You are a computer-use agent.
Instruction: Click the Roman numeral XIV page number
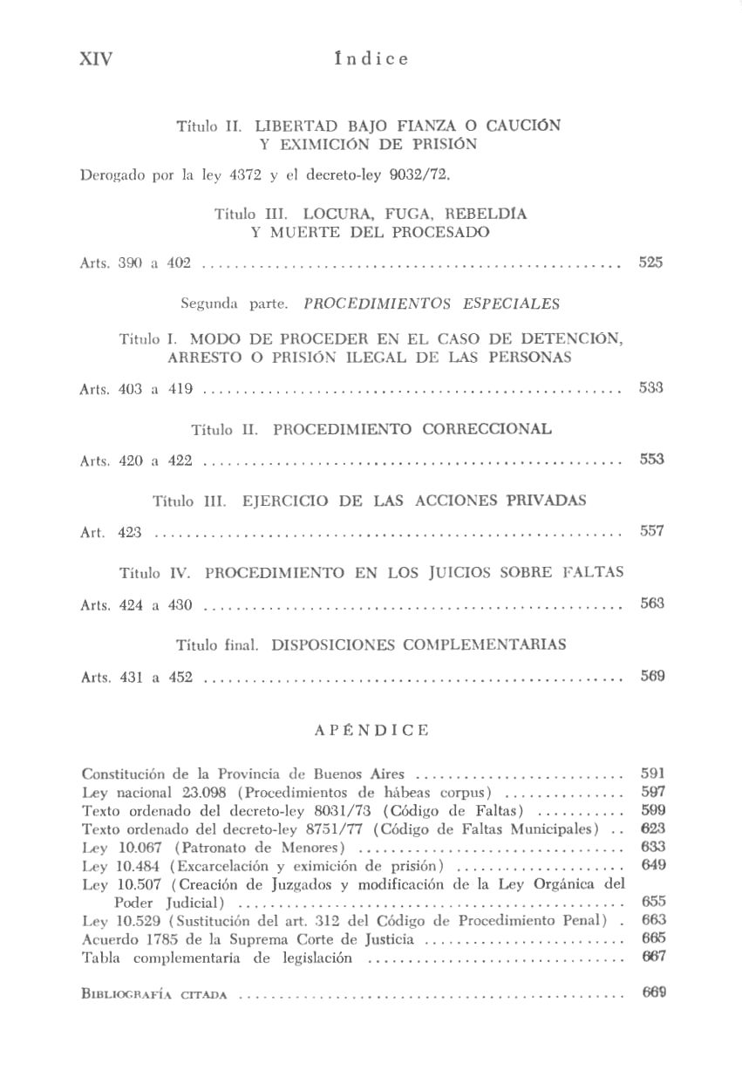tap(96, 59)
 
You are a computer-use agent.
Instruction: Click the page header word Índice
tap(371, 59)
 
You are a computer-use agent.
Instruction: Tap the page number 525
tap(650, 262)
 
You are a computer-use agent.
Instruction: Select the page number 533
tap(650, 388)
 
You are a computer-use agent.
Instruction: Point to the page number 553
tap(651, 460)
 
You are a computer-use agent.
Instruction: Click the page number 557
tap(651, 531)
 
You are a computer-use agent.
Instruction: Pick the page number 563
tap(651, 603)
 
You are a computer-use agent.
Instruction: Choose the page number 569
tap(651, 674)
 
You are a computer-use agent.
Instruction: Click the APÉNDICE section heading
tap(371, 730)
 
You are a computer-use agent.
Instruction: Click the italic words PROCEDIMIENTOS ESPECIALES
tap(432, 304)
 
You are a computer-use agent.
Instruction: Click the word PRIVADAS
tap(544, 501)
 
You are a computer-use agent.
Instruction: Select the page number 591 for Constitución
tap(652, 773)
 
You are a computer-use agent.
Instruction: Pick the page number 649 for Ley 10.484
tap(652, 865)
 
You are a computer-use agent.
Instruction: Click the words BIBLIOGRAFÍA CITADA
tap(154, 993)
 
